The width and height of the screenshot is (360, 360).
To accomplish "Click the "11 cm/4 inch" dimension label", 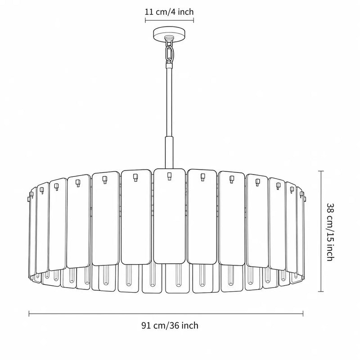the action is (169, 12).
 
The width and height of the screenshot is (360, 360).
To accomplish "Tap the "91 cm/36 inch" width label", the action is (170, 325).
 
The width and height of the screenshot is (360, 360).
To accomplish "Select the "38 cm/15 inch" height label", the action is (330, 232).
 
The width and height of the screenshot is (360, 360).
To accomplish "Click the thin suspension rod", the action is (170, 101).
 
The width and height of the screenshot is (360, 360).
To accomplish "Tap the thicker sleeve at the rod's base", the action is (170, 153).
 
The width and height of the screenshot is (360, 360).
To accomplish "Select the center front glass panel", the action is (170, 216).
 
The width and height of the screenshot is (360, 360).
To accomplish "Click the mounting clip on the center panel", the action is (170, 176).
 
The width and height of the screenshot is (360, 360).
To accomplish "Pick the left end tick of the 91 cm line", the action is (29, 314).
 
